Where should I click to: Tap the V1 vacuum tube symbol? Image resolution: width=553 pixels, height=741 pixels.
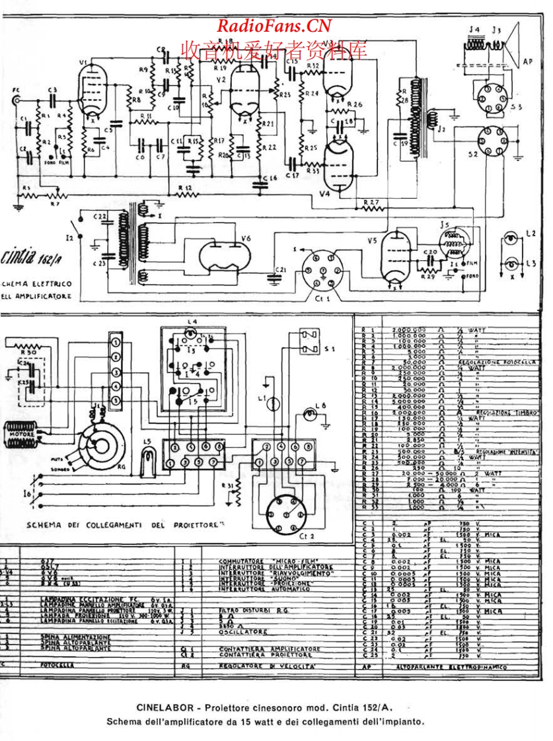point(86,89)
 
